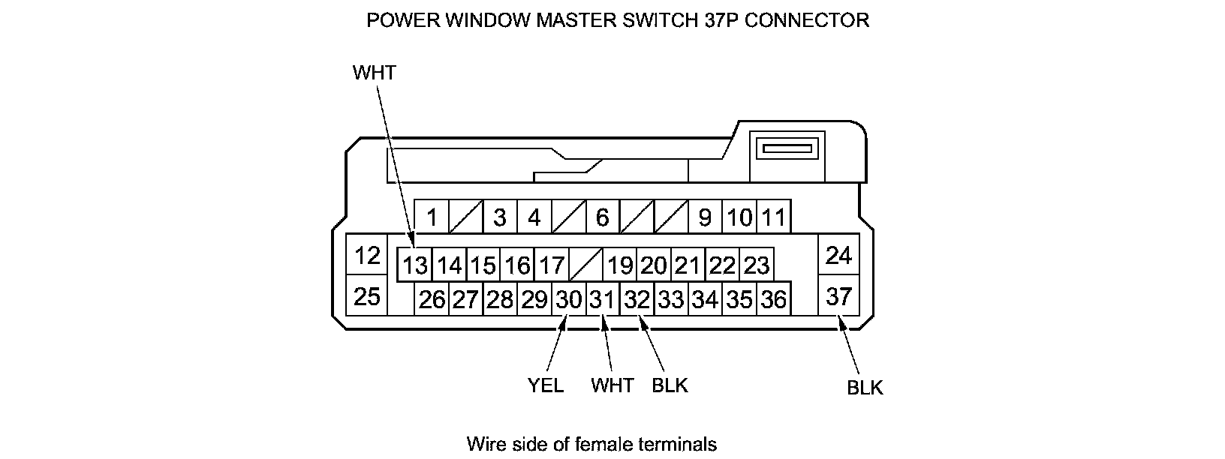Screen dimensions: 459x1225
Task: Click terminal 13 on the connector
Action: tap(414, 265)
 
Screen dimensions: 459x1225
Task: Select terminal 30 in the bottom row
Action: tap(569, 300)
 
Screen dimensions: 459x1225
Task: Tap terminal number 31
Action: tap(602, 300)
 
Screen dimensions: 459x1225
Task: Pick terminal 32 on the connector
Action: tap(637, 300)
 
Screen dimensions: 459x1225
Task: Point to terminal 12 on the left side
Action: tap(367, 256)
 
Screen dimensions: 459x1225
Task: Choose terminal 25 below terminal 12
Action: tap(367, 297)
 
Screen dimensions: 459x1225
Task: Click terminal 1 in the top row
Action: tap(432, 218)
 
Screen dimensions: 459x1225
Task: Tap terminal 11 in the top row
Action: tap(773, 218)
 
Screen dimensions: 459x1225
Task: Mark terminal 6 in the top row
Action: tap(602, 218)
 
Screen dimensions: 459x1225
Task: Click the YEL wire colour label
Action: tap(546, 385)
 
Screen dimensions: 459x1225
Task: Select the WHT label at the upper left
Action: tap(374, 73)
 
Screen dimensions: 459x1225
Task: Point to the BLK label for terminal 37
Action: tap(865, 388)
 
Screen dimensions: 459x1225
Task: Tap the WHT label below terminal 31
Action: tap(612, 385)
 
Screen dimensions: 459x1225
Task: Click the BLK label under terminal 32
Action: tap(670, 385)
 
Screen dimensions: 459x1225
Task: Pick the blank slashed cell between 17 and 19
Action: tap(585, 265)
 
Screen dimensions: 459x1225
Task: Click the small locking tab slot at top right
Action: tap(788, 148)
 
